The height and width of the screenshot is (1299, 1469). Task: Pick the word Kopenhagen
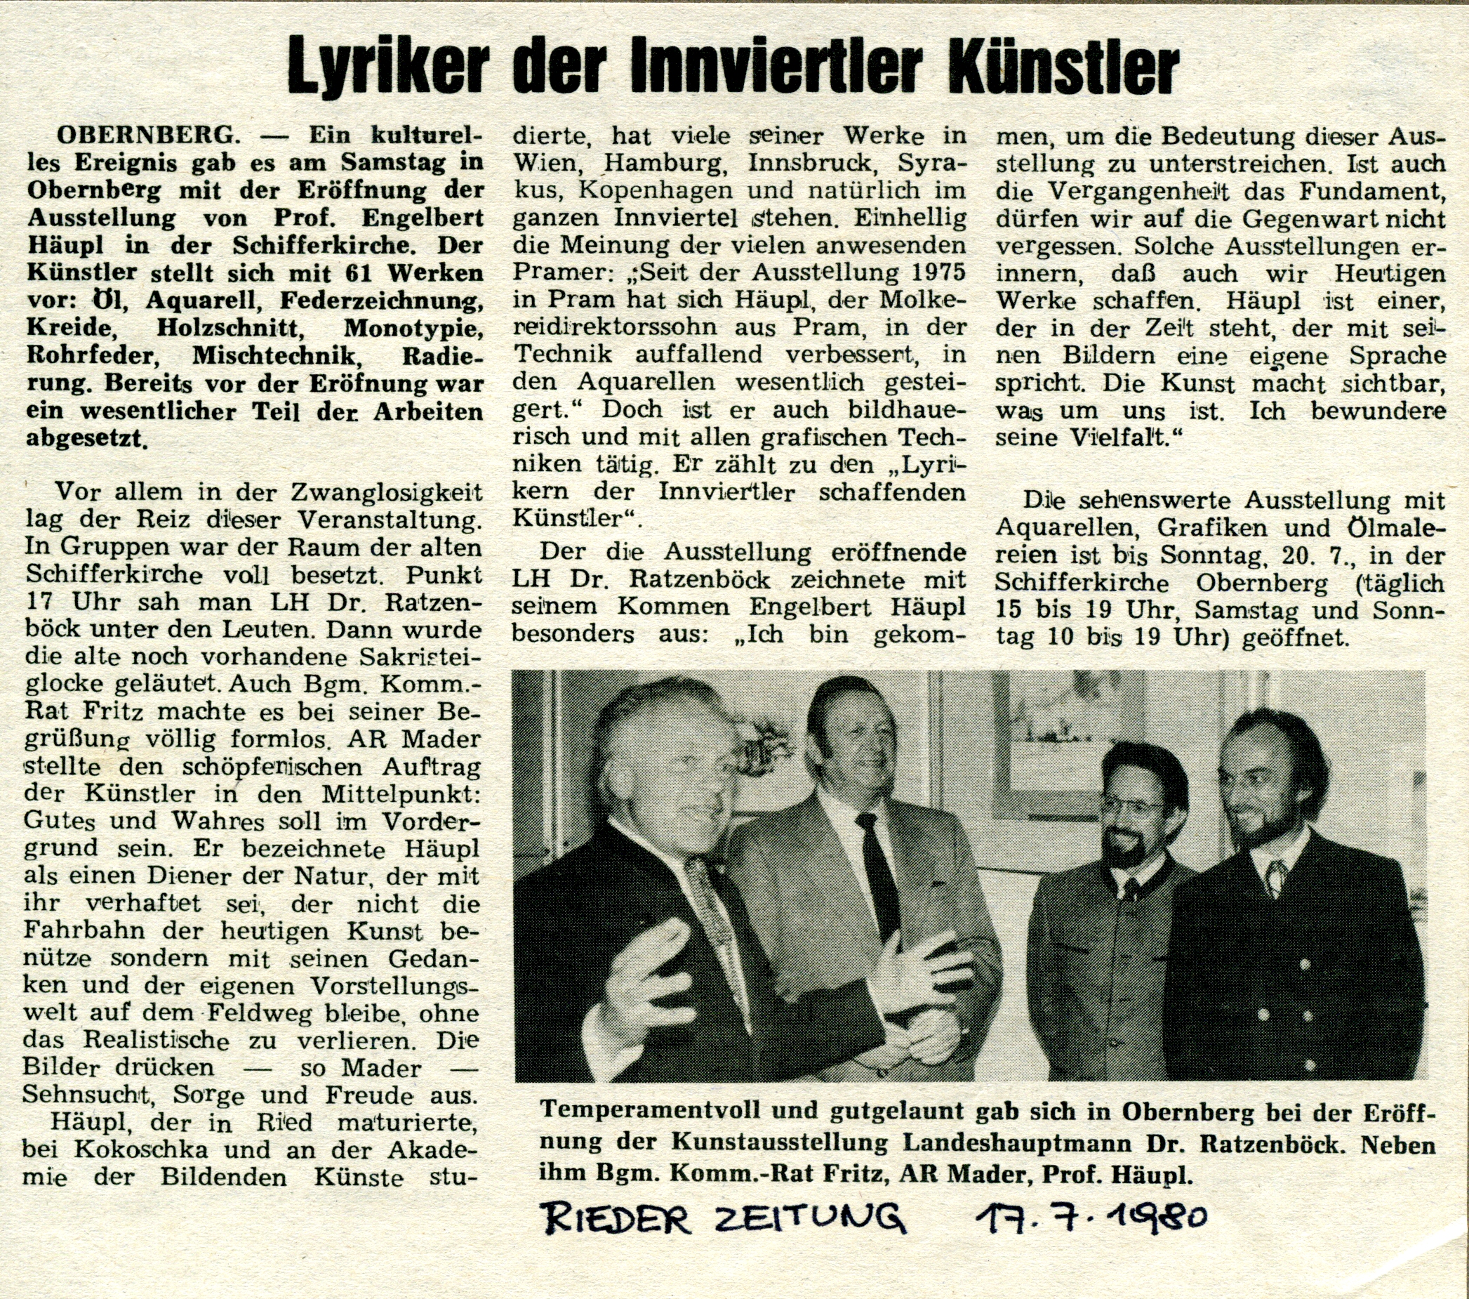(x=655, y=190)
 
